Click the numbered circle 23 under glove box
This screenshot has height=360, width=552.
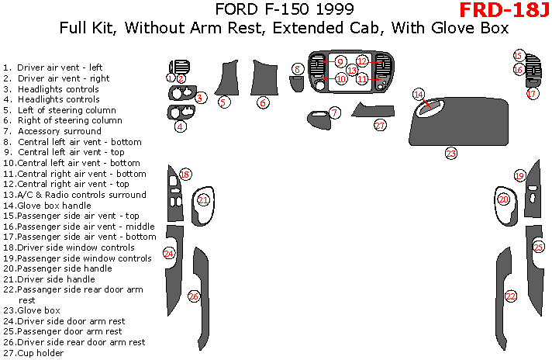pyautogui.click(x=450, y=153)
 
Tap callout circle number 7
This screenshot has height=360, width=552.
pyautogui.click(x=334, y=112)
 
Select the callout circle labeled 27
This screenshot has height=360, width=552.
pyautogui.click(x=380, y=125)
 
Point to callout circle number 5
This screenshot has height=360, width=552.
pyautogui.click(x=223, y=102)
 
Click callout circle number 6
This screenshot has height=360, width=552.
pyautogui.click(x=264, y=102)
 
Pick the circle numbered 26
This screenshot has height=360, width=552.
pyautogui.click(x=194, y=296)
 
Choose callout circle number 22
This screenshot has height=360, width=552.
pyautogui.click(x=510, y=296)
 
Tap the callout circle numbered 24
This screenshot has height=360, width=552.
pyautogui.click(x=169, y=253)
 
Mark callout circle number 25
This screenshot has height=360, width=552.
pyautogui.click(x=539, y=247)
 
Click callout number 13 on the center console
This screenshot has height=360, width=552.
pyautogui.click(x=351, y=71)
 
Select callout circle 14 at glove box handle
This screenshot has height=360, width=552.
pyautogui.click(x=419, y=95)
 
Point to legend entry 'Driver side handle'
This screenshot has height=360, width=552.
pyautogui.click(x=60, y=279)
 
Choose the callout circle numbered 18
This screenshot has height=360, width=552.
pyautogui.click(x=185, y=175)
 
